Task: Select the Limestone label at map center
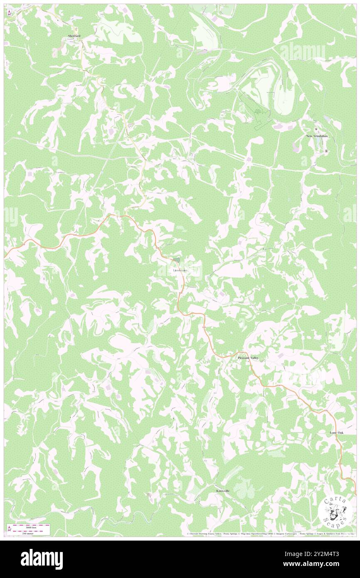180,271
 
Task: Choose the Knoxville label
223,491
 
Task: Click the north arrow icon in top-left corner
10,13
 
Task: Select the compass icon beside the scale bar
10,528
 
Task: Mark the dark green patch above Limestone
177,260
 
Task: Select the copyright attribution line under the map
270,534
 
